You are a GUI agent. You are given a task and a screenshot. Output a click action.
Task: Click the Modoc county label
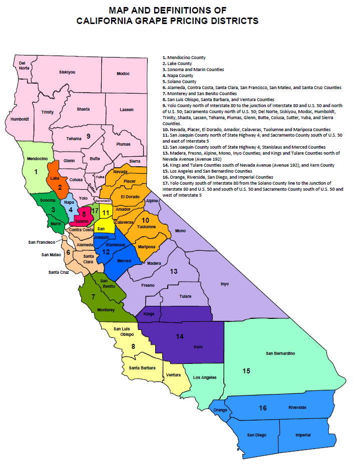123,74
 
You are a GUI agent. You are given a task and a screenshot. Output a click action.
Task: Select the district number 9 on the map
88,136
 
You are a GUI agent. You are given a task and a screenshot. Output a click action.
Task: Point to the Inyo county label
224,284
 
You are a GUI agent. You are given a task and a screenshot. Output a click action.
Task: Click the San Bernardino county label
280,354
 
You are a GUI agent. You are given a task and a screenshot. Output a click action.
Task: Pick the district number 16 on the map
262,408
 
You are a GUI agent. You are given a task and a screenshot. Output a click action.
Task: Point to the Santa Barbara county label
141,368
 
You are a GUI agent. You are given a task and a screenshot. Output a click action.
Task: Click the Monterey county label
106,310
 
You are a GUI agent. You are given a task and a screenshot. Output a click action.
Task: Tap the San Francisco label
42,242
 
